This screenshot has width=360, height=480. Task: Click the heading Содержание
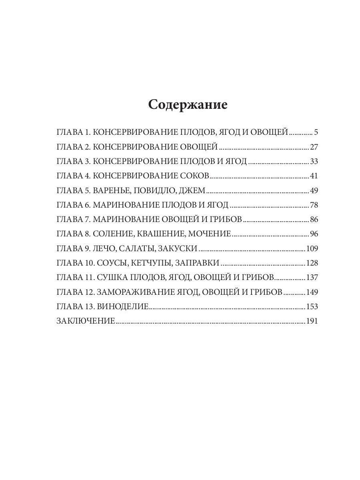pyautogui.click(x=188, y=104)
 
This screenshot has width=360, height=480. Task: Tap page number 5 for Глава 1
pyautogui.click(x=316, y=132)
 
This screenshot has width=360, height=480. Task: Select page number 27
pyautogui.click(x=314, y=147)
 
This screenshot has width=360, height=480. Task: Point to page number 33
pyautogui.click(x=314, y=162)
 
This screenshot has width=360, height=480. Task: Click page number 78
pyautogui.click(x=314, y=205)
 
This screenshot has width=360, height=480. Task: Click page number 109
pyautogui.click(x=312, y=249)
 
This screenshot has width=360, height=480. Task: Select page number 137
pyautogui.click(x=312, y=278)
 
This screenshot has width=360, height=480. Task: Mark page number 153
pyautogui.click(x=312, y=307)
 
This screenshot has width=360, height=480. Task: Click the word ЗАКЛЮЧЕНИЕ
pyautogui.click(x=86, y=321)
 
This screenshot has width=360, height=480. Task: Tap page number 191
pyautogui.click(x=312, y=321)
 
